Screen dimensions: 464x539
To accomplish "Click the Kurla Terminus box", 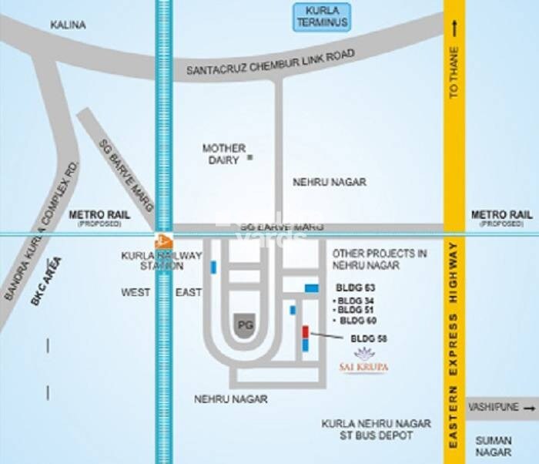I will pyautogui.click(x=322, y=17).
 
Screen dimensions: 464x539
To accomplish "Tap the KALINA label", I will pyautogui.click(x=68, y=25).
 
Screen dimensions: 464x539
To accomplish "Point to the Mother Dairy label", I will pyautogui.click(x=223, y=153).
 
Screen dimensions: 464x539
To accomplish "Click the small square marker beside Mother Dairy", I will pyautogui.click(x=249, y=157).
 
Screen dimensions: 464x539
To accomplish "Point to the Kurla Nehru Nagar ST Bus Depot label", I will pyautogui.click(x=367, y=430).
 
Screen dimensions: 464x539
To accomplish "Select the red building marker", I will pyautogui.click(x=305, y=332).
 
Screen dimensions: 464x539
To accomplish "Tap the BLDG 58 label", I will pyautogui.click(x=368, y=338).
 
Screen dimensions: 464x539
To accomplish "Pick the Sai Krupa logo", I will pyautogui.click(x=362, y=361).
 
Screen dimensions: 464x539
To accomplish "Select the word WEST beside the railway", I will pyautogui.click(x=136, y=292).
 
